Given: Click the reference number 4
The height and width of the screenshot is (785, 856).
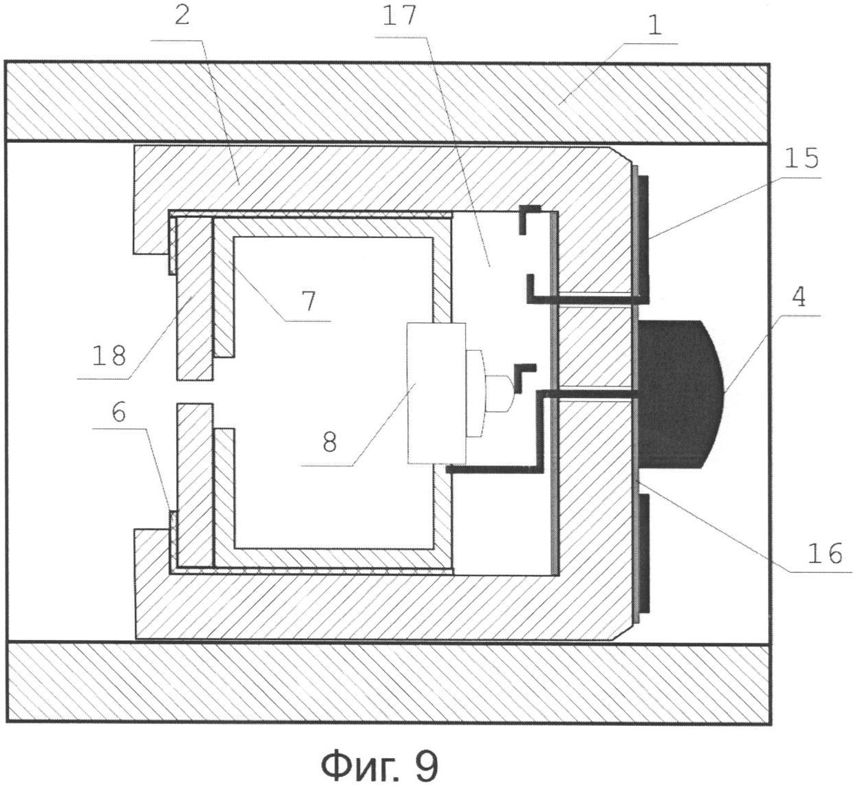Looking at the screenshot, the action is click(800, 296).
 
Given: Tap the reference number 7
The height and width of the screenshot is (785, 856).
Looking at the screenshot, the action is click(309, 301).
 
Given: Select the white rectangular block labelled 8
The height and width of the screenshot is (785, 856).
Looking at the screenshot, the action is click(436, 393).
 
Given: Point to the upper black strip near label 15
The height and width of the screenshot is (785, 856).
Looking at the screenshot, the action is click(643, 240).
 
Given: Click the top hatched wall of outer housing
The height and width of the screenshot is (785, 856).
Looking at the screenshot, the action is click(387, 102).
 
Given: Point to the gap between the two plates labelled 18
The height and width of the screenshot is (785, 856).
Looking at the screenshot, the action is click(195, 391).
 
